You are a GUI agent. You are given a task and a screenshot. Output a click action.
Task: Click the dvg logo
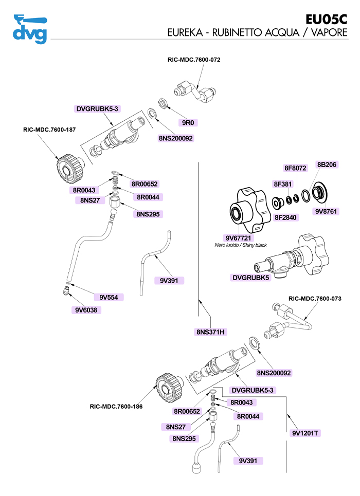pyautogui.click(x=30, y=29)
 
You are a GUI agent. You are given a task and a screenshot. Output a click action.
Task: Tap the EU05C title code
pyautogui.click(x=326, y=20)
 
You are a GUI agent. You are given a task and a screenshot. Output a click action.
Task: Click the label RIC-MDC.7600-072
pyautogui.click(x=194, y=60)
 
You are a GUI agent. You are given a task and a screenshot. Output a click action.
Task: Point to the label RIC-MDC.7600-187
pyautogui.click(x=49, y=130)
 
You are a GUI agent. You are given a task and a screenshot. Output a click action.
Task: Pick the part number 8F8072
pyautogui.click(x=295, y=168)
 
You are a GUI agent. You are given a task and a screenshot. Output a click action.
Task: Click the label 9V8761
pyautogui.click(x=326, y=211)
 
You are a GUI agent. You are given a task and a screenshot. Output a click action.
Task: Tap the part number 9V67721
pyautogui.click(x=240, y=237)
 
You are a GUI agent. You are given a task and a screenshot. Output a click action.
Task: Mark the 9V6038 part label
pyautogui.click(x=85, y=310)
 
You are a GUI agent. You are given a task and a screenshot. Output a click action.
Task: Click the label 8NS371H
pyautogui.click(x=210, y=332)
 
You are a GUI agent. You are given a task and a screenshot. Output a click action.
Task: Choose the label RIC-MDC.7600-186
pyautogui.click(x=116, y=407)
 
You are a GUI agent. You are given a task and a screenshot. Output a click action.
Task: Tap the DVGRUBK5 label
pyautogui.click(x=251, y=278)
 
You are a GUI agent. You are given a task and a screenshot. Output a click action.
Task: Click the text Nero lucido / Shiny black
pyautogui.click(x=240, y=245)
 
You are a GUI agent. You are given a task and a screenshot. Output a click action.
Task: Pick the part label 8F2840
pyautogui.click(x=286, y=217)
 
